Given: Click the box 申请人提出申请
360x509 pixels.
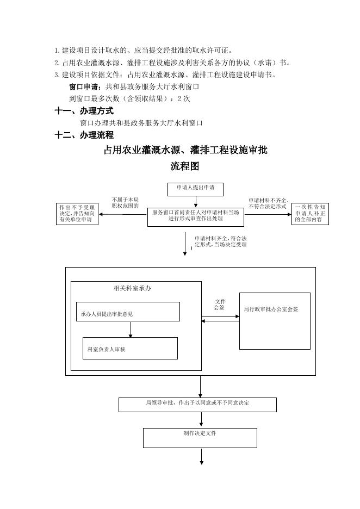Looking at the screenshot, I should (x=195, y=189).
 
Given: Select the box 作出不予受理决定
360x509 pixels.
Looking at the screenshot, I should (x=77, y=214).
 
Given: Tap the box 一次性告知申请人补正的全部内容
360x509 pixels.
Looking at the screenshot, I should (x=311, y=214).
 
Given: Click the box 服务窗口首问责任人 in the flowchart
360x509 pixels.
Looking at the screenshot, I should (x=195, y=216).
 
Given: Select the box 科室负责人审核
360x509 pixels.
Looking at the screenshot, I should (x=129, y=348).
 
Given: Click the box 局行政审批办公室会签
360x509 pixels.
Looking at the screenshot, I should (x=275, y=320).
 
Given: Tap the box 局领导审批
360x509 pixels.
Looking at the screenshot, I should (x=197, y=405).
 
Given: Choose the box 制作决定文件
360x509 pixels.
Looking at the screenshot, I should (x=200, y=437).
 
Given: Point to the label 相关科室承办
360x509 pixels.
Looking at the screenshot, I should (x=132, y=288).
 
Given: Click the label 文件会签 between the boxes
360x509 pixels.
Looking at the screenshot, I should (x=220, y=305).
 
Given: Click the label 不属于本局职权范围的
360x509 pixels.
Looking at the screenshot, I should (x=125, y=203).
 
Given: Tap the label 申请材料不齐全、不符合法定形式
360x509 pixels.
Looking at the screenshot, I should (x=268, y=203).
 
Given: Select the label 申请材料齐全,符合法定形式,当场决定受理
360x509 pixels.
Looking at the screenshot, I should (x=220, y=241).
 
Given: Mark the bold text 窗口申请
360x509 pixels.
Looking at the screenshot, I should (x=85, y=86).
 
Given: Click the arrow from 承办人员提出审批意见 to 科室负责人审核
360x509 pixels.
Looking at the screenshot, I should (x=131, y=329).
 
